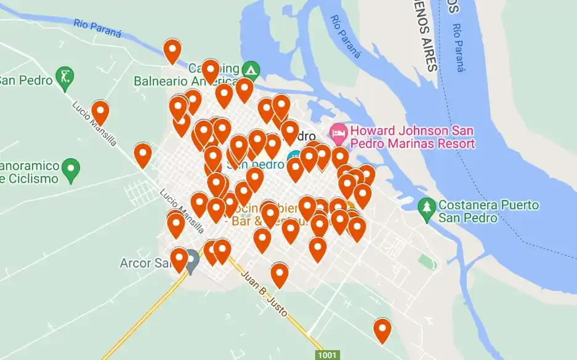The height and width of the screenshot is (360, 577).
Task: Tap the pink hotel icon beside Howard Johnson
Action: tap(337, 131)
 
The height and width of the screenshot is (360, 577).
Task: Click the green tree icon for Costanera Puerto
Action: tap(426, 206)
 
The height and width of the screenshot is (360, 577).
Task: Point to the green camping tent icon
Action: tap(250, 68)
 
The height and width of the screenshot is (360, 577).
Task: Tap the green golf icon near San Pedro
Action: tap(64, 76)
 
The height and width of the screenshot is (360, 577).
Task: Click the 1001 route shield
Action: tap(327, 355)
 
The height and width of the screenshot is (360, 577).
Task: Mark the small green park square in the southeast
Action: tap(426, 261)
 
